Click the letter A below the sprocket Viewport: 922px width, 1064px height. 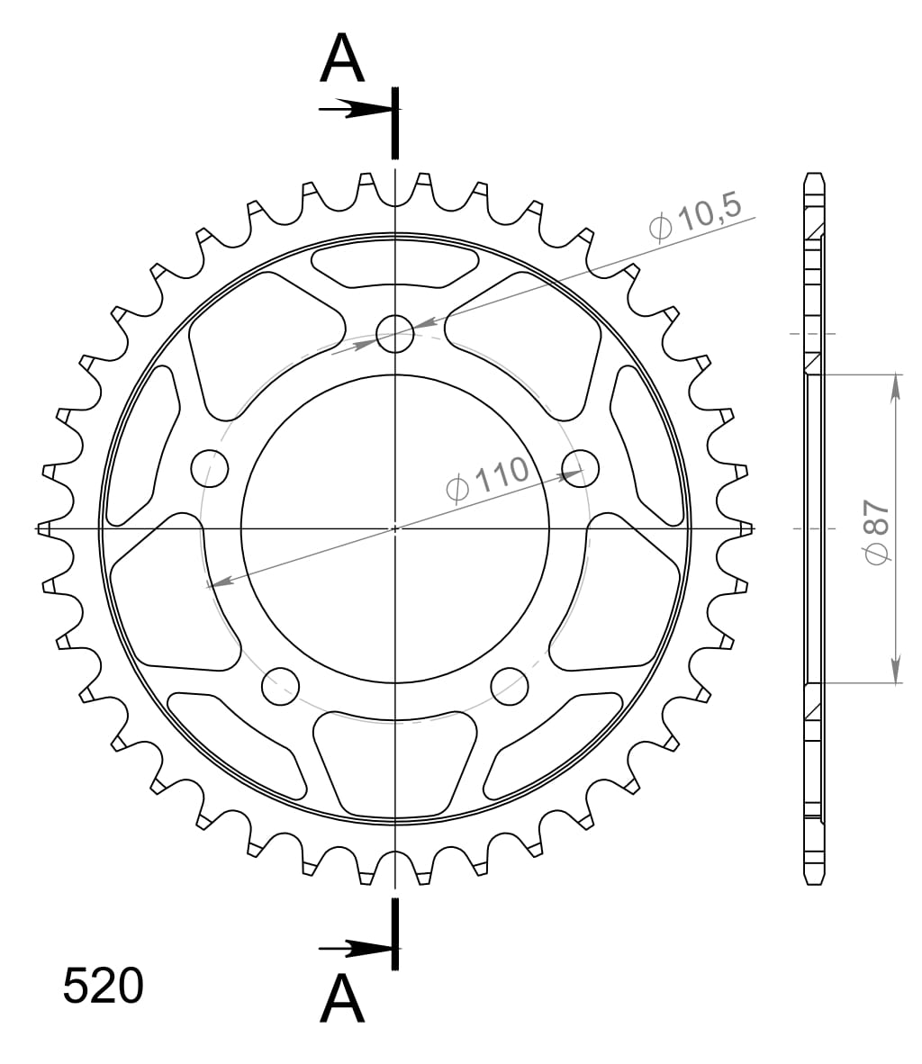342,999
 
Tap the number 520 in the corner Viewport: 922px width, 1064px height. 103,987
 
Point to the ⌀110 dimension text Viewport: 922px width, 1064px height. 487,478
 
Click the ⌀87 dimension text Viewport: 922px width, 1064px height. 876,531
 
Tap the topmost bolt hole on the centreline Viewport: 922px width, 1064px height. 394,334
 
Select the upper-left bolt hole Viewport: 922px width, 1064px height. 210,466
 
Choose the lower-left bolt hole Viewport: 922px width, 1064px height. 280,686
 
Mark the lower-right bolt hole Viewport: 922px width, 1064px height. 510,686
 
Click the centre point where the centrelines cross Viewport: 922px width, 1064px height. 394,528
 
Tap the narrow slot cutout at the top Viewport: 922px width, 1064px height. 394,266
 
